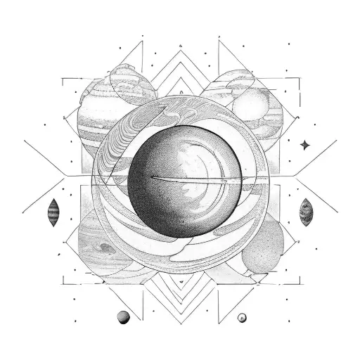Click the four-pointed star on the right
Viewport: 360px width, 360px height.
pyautogui.click(x=305, y=144)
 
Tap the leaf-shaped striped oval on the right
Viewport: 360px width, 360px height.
pyautogui.click(x=307, y=211)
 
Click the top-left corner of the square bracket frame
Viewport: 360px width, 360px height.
pyautogui.click(x=63, y=79)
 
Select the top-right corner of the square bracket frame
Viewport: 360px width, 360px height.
pyautogui.click(x=296, y=79)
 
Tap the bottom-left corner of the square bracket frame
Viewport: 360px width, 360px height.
pyautogui.click(x=63, y=284)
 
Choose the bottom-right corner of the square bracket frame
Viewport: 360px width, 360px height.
pyautogui.click(x=296, y=284)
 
